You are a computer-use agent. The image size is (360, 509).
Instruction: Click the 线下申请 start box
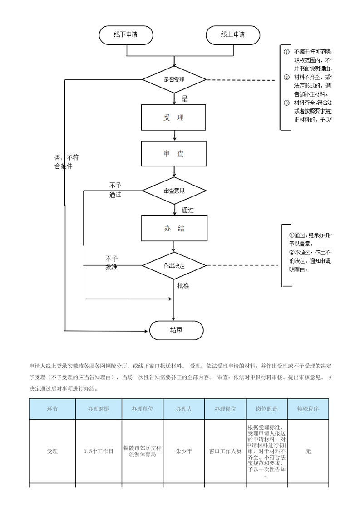(x=126, y=35)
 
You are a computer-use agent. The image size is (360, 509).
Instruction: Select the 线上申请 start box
(x=233, y=35)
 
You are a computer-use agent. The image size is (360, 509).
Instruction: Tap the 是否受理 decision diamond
(x=174, y=80)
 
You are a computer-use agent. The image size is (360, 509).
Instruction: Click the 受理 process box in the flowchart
(x=174, y=117)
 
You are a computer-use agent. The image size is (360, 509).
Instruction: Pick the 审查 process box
(x=174, y=154)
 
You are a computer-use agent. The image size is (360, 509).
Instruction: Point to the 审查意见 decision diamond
(x=174, y=191)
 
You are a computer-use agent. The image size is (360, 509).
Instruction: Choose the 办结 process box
(x=174, y=228)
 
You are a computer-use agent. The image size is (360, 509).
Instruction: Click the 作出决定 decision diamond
(x=174, y=265)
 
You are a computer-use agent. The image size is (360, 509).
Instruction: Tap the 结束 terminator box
(x=177, y=330)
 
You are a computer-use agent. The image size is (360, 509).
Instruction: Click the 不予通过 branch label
(x=115, y=190)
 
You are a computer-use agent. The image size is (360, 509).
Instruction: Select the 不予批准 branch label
(x=112, y=263)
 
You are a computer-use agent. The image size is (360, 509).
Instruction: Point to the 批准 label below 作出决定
(x=183, y=286)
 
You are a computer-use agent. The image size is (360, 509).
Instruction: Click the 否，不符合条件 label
(x=67, y=162)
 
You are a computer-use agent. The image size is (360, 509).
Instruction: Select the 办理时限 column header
(x=99, y=409)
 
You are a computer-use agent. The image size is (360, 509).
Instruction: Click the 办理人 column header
(x=184, y=409)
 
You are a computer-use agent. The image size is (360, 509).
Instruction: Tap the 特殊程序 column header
(x=308, y=409)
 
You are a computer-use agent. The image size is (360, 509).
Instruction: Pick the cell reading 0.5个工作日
(x=99, y=451)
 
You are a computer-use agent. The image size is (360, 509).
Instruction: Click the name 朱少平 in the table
(x=184, y=451)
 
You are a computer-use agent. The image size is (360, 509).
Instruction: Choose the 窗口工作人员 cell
(x=225, y=451)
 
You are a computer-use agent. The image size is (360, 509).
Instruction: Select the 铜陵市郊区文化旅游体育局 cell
(x=142, y=451)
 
